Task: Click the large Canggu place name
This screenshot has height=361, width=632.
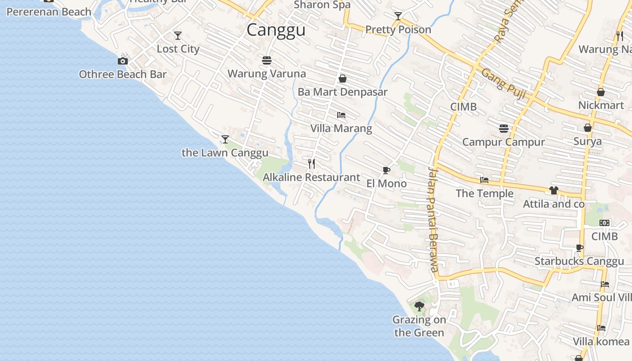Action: click(x=276, y=30)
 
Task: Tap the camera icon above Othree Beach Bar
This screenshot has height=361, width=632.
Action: click(x=123, y=61)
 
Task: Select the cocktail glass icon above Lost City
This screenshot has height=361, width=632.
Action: click(x=178, y=35)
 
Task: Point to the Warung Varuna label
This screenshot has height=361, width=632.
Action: click(x=266, y=74)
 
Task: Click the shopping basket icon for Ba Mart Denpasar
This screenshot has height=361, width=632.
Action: click(x=343, y=79)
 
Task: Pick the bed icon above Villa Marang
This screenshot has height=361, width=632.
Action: click(x=341, y=115)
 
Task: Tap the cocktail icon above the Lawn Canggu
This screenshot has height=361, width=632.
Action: click(x=225, y=139)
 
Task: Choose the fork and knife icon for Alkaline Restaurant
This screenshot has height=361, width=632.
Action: click(x=311, y=163)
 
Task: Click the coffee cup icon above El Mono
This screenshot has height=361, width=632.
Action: click(x=386, y=170)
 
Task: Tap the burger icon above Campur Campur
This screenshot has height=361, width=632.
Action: click(x=504, y=129)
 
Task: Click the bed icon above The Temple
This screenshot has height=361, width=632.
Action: click(x=484, y=180)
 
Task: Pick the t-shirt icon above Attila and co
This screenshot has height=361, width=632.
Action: click(x=554, y=190)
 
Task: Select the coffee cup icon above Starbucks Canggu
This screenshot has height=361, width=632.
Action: click(x=580, y=248)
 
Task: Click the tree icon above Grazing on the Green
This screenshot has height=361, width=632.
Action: click(x=419, y=306)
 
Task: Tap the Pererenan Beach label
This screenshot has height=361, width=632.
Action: click(x=49, y=12)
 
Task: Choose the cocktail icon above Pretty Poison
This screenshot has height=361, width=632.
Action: click(x=398, y=16)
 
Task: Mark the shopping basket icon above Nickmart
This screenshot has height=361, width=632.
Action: click(x=601, y=92)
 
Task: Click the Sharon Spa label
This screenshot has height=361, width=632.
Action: click(x=322, y=5)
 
